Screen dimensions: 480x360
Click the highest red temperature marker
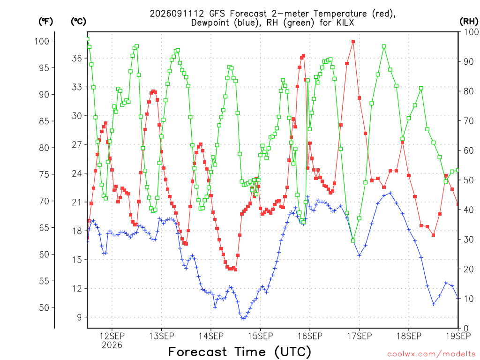[x=353, y=42]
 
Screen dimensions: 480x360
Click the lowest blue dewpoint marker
[x=244, y=318]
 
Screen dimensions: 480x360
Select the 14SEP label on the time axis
[x=211, y=336]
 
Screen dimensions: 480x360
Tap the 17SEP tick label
[x=359, y=336]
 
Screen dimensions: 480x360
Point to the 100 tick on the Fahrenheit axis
[x=42, y=41]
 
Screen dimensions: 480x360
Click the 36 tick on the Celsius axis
[x=77, y=58]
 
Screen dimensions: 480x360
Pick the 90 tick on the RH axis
[x=469, y=61]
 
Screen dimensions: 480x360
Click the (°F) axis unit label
[x=45, y=22]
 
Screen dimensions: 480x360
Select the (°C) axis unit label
[x=78, y=22]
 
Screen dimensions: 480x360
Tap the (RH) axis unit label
[x=469, y=22]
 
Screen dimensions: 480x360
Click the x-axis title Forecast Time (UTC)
[x=240, y=352]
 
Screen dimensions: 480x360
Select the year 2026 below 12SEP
[x=112, y=345]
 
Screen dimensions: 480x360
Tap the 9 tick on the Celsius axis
[x=79, y=317]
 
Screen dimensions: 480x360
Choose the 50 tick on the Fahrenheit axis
[x=44, y=307]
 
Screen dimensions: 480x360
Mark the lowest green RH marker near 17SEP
[x=353, y=240]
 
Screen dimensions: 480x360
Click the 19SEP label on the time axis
[x=458, y=336]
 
